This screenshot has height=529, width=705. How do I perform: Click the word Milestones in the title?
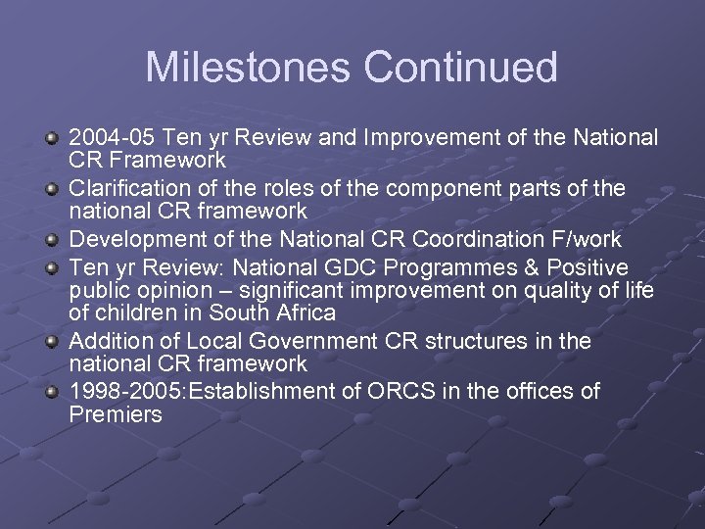(x=249, y=68)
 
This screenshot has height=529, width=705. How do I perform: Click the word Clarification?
(x=124, y=188)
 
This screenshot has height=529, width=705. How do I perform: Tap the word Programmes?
(x=475, y=267)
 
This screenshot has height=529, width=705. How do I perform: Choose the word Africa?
(x=301, y=313)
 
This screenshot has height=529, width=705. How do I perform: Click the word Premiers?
(x=116, y=414)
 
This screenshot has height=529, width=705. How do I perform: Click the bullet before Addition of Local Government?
(x=54, y=342)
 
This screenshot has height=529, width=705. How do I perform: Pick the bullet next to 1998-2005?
(x=54, y=392)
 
